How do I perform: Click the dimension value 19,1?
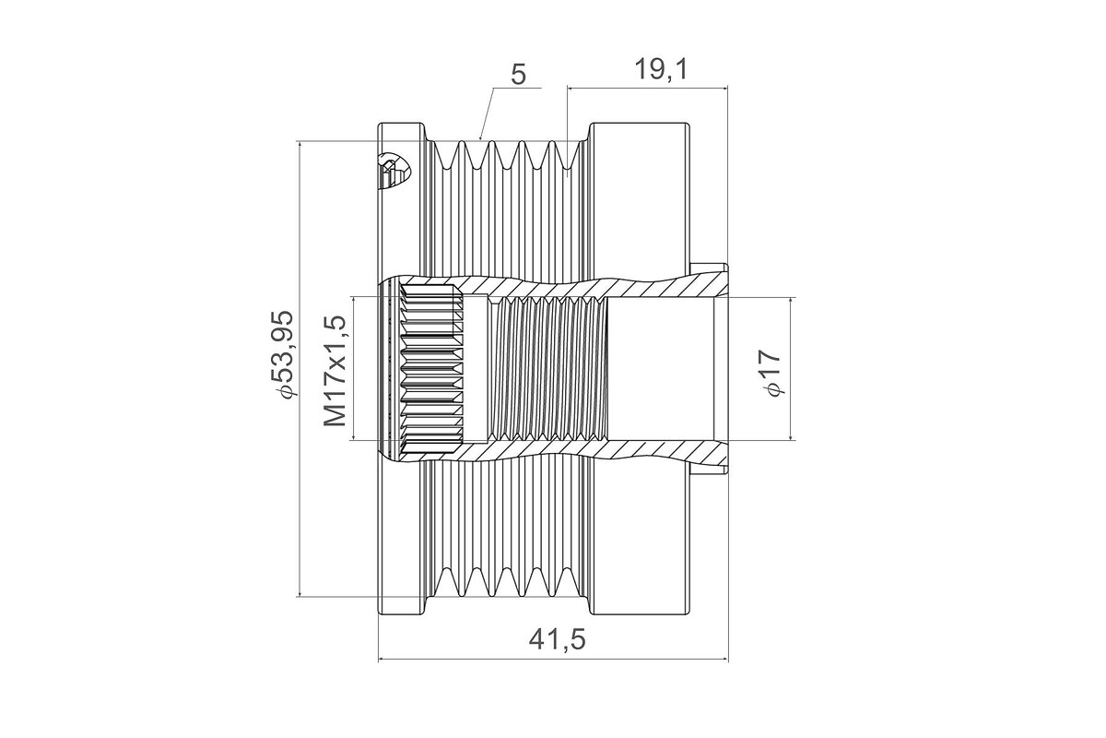tap(660, 70)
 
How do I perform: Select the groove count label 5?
tap(518, 75)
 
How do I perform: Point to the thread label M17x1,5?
tap(335, 371)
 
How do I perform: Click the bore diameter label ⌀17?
tap(771, 372)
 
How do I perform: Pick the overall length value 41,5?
tap(557, 640)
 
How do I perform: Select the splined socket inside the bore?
tap(431, 369)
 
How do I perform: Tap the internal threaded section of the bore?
tap(547, 369)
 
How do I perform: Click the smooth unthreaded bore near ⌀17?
tap(661, 369)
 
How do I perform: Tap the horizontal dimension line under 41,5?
tap(554, 659)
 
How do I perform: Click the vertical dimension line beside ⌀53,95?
tap(300, 369)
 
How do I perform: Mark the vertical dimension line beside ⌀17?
tap(791, 369)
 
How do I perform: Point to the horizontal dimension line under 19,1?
tap(648, 88)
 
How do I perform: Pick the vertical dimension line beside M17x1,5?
tap(354, 368)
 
